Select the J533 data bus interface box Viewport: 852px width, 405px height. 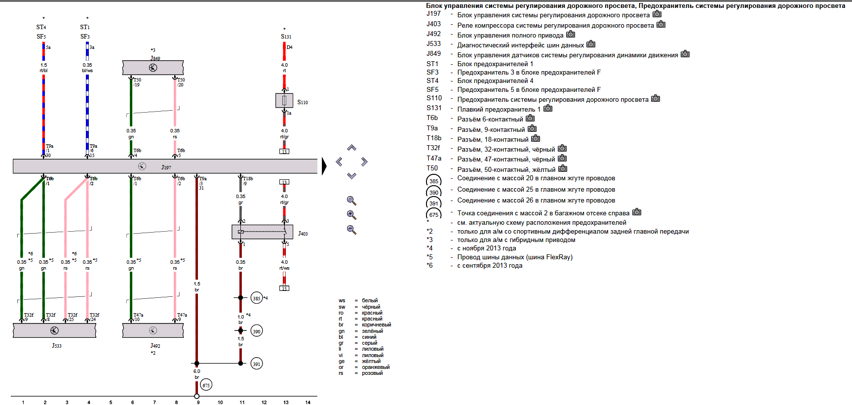pyautogui.click(x=54, y=330)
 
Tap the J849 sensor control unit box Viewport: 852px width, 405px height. pyautogui.click(x=153, y=68)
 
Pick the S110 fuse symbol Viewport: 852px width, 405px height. pyautogui.click(x=284, y=101)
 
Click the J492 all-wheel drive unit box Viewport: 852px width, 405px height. pyautogui.click(x=153, y=330)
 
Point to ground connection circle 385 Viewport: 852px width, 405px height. pyautogui.click(x=257, y=298)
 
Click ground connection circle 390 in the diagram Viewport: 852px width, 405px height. pyautogui.click(x=257, y=331)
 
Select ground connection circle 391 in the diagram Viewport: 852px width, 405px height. pyautogui.click(x=257, y=364)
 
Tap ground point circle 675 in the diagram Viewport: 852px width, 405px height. pyautogui.click(x=206, y=385)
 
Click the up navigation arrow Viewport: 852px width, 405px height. pyautogui.click(x=351, y=148)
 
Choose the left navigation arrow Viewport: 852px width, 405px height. pyautogui.click(x=339, y=162)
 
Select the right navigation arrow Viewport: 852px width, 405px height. pyautogui.click(x=364, y=162)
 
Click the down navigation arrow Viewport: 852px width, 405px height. pyautogui.click(x=351, y=175)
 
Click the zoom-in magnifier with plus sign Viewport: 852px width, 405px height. pyautogui.click(x=351, y=215)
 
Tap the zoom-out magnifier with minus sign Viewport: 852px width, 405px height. pyautogui.click(x=351, y=230)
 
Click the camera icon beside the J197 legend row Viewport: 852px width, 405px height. pyautogui.click(x=657, y=14)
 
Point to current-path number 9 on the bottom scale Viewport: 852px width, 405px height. pyautogui.click(x=198, y=402)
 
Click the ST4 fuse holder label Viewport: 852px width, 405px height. pyautogui.click(x=41, y=27)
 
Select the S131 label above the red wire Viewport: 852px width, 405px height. pyautogui.click(x=286, y=37)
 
